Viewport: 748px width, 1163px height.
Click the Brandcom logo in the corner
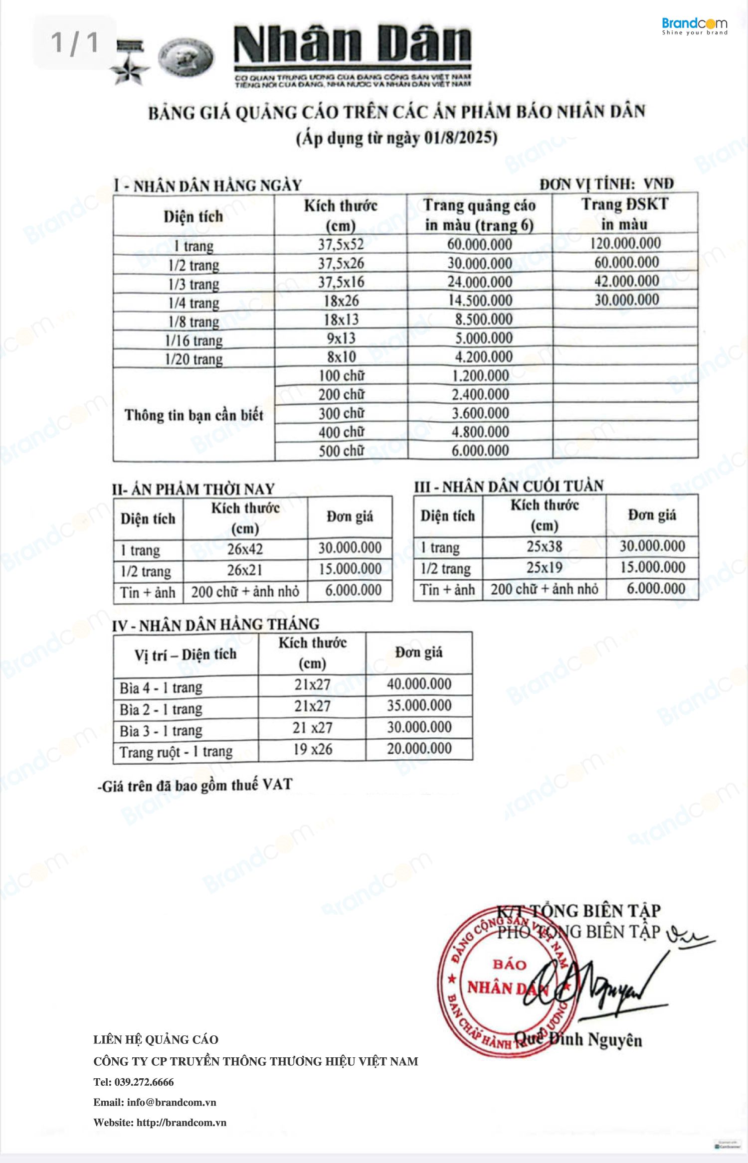coord(694,25)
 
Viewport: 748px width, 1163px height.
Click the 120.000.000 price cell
coord(625,243)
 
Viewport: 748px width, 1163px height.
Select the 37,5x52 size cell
coord(341,244)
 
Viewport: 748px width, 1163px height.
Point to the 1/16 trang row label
coord(193,340)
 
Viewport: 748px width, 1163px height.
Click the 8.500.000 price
coord(483,320)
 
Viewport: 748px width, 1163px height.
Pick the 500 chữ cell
coord(341,451)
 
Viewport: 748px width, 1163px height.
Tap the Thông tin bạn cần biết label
coord(193,415)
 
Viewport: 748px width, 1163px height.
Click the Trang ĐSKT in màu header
coord(624,214)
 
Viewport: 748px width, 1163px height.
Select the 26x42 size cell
coord(245,549)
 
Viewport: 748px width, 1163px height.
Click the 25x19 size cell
coord(544,567)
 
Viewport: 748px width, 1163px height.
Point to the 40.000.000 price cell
coord(419,684)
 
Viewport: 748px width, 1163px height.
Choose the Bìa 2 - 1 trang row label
coord(161,709)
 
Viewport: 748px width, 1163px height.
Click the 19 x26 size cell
coord(312,749)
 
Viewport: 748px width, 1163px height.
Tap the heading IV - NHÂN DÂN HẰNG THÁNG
coord(215,625)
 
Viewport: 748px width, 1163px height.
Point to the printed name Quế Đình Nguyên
coord(578,1039)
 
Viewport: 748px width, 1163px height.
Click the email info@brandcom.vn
coord(171,1102)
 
